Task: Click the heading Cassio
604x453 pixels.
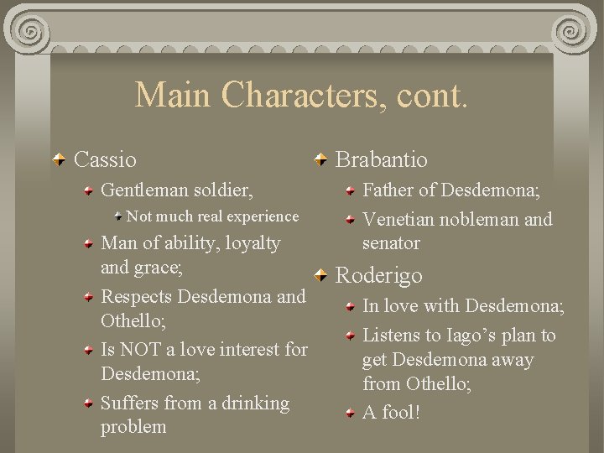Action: coord(105,159)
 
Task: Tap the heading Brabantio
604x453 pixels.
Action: coord(381,159)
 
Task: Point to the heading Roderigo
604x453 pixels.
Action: coord(378,275)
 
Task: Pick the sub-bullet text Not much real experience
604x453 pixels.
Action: coord(212,216)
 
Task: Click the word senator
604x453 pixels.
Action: coord(391,243)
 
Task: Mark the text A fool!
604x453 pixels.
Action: coord(391,412)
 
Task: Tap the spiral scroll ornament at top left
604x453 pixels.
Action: coord(32,32)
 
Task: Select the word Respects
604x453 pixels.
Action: coord(137,297)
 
